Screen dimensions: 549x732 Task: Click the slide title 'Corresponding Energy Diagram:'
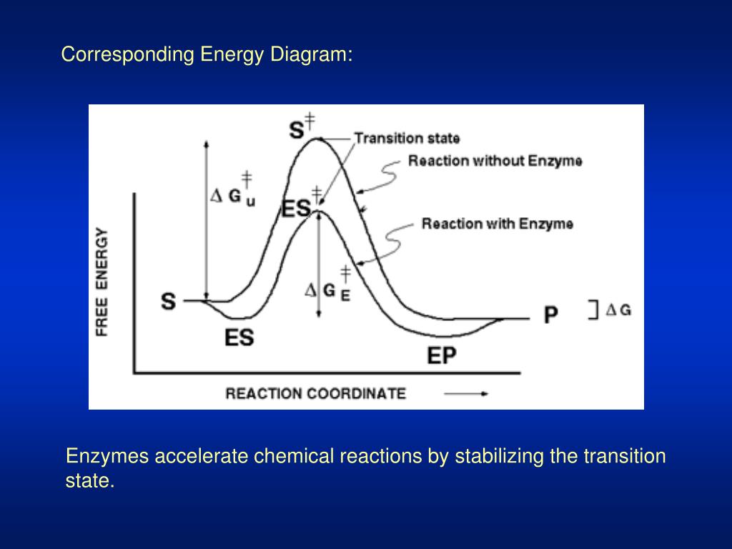pos(207,56)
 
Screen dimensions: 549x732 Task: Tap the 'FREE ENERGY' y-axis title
pos(102,283)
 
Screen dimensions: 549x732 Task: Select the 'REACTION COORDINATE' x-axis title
pos(315,393)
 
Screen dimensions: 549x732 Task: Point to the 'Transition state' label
pos(407,138)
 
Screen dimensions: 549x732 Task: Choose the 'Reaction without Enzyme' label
pos(495,161)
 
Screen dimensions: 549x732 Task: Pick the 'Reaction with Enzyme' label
pos(497,224)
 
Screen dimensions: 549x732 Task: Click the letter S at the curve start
pos(168,302)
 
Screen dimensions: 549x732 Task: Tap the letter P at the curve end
pos(550,315)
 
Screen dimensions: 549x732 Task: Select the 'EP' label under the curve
pos(442,355)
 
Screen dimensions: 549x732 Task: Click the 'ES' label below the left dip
pos(239,337)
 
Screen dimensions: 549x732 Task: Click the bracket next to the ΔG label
pos(593,310)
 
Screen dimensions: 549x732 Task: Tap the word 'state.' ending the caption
pos(90,481)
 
